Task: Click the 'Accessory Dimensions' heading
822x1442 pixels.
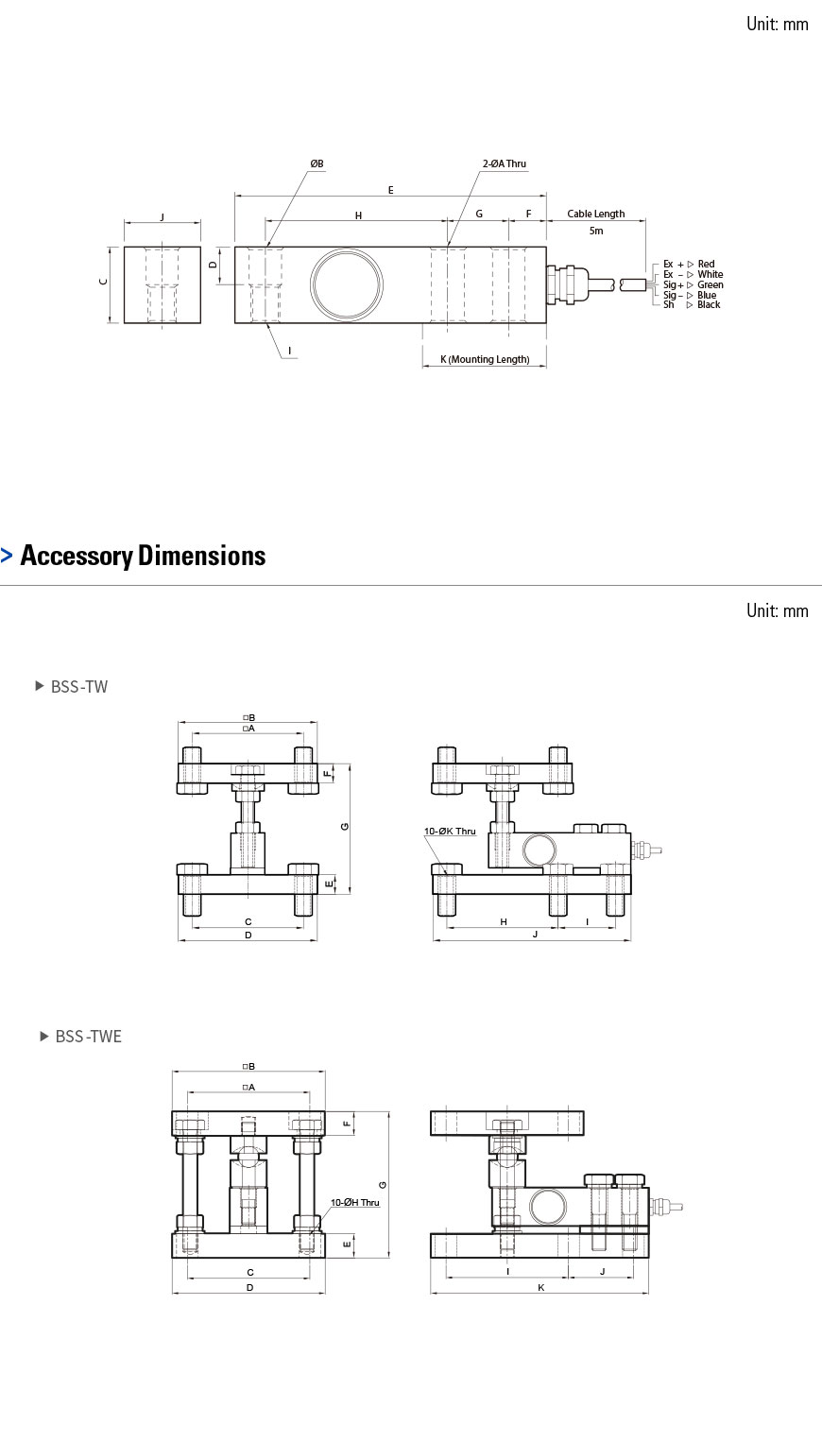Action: (143, 556)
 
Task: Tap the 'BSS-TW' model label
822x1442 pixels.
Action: (79, 687)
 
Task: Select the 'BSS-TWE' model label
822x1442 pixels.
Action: (88, 1037)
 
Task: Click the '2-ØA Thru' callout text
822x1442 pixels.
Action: (504, 163)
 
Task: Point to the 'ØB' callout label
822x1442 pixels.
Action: (317, 163)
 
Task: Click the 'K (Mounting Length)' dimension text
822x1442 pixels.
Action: (485, 359)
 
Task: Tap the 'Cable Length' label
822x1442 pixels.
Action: (595, 214)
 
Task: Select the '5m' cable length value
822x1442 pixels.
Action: (595, 231)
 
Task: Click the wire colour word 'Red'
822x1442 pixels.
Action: (706, 264)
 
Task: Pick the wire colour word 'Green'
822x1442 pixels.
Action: (711, 284)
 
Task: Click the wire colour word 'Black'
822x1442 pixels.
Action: (709, 304)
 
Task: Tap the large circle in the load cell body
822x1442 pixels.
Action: (349, 284)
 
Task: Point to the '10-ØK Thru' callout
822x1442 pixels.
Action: (450, 831)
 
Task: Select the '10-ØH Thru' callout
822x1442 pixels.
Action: (354, 1202)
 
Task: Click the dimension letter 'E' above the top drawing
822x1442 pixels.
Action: (390, 190)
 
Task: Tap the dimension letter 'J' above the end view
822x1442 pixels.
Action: (162, 216)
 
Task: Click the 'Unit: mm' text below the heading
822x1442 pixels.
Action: (777, 610)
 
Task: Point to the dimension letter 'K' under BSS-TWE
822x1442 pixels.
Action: (540, 1287)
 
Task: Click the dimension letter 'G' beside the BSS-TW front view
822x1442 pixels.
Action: (346, 827)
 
